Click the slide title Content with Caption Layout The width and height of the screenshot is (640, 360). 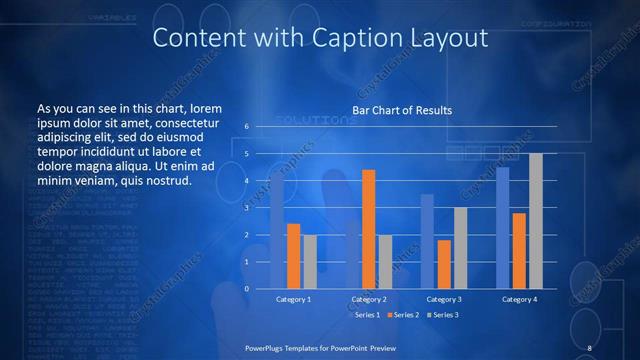[x=320, y=39]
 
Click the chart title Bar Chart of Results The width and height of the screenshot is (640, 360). [x=402, y=110]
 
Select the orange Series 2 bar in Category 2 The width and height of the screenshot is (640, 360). [x=369, y=229]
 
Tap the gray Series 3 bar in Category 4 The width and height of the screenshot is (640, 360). [x=536, y=221]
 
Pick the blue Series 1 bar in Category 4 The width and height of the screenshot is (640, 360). [x=503, y=228]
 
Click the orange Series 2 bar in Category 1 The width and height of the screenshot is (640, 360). [x=293, y=256]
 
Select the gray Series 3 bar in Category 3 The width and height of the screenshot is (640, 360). [x=460, y=248]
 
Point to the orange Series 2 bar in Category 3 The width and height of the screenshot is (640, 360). [x=444, y=264]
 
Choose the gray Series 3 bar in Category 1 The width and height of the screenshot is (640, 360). [x=310, y=262]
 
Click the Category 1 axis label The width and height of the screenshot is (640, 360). [x=293, y=299]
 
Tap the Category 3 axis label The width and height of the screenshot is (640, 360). [x=444, y=299]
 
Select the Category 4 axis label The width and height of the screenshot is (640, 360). [x=519, y=299]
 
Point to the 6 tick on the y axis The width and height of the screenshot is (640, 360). [x=245, y=127]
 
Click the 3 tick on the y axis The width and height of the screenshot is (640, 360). [x=245, y=208]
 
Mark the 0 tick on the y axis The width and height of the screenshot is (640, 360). [x=245, y=289]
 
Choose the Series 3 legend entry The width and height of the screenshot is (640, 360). [x=443, y=315]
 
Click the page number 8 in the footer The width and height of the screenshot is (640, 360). [x=590, y=347]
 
